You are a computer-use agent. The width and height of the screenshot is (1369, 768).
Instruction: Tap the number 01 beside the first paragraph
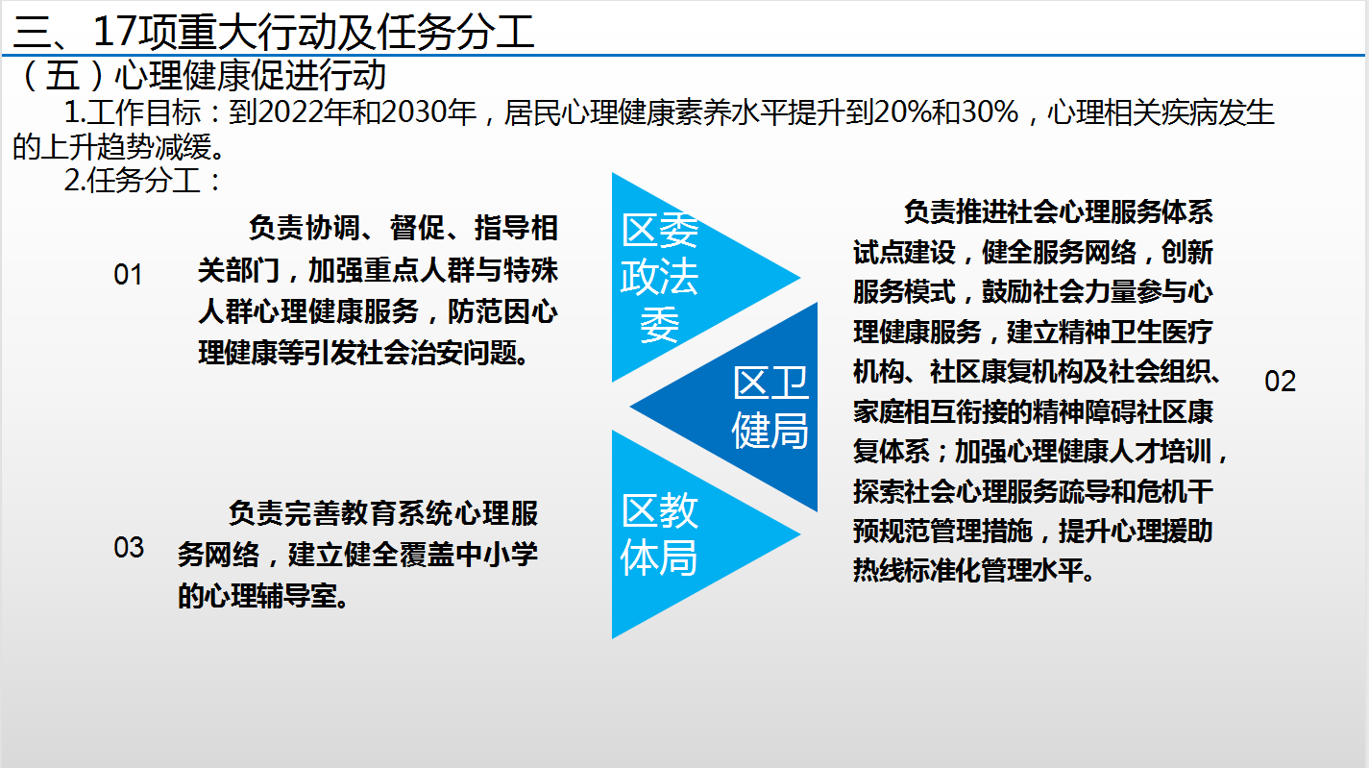128,275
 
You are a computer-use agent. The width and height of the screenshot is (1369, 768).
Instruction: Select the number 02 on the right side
1280,382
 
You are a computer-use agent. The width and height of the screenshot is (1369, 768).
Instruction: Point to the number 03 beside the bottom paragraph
129,547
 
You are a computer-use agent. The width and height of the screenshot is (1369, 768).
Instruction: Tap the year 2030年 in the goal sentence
429,112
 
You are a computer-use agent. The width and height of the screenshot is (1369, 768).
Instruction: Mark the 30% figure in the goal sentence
990,112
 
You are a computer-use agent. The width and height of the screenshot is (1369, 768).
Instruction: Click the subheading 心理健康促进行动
251,75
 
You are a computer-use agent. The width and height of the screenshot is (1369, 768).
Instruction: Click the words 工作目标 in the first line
144,112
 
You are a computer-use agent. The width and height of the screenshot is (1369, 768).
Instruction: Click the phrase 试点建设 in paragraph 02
905,252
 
